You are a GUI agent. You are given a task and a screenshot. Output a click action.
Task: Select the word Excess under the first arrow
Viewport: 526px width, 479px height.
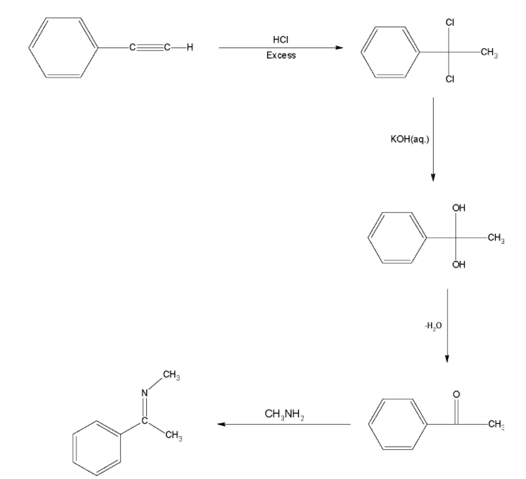click(x=281, y=55)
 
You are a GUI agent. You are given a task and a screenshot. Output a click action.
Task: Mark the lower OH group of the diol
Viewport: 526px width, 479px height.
click(x=459, y=266)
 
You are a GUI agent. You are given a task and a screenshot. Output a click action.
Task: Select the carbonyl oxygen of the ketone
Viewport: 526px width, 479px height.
click(x=456, y=395)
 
